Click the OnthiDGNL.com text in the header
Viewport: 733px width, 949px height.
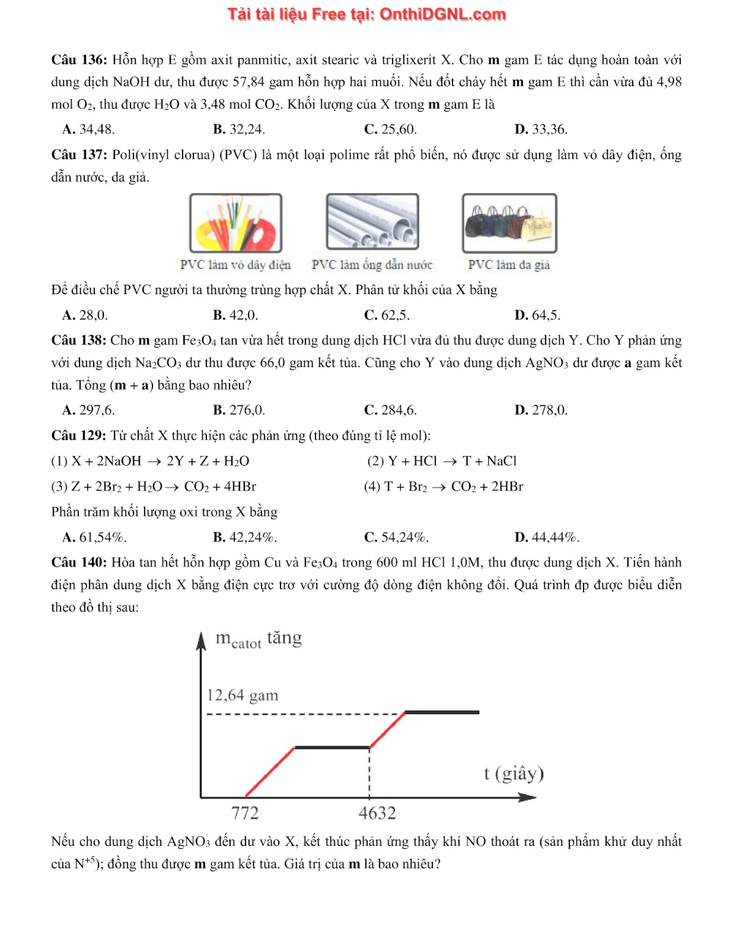(x=442, y=14)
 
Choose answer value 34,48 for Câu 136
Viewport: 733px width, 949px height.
(x=97, y=129)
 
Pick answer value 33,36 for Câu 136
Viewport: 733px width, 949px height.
(x=550, y=129)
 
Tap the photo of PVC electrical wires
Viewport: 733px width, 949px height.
(x=235, y=223)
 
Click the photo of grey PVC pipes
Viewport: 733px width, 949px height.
(x=372, y=222)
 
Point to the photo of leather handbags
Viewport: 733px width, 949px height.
(x=509, y=223)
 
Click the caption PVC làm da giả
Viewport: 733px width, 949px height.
(x=509, y=265)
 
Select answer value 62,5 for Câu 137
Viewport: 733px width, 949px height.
(x=396, y=315)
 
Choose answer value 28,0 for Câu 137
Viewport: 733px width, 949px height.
(x=94, y=315)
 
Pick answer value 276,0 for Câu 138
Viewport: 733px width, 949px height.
(x=247, y=410)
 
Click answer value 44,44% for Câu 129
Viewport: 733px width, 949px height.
(x=556, y=537)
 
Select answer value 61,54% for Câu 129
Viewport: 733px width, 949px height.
(x=103, y=537)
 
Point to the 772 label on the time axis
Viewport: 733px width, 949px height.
(x=245, y=813)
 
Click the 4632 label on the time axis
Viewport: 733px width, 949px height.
(x=377, y=813)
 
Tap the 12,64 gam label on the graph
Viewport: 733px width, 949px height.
(x=243, y=695)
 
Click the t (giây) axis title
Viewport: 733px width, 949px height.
(x=514, y=773)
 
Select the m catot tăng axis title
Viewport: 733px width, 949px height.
(x=259, y=639)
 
